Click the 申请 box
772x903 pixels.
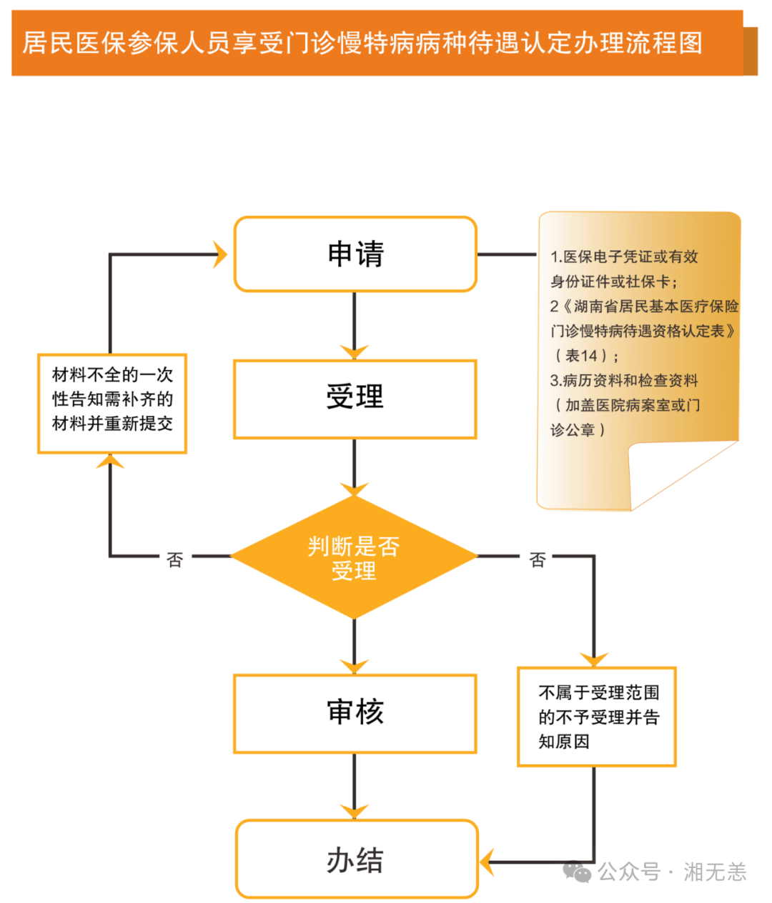[355, 254]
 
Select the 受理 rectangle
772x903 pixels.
[355, 399]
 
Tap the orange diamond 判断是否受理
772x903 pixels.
[354, 557]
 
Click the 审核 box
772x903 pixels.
[355, 713]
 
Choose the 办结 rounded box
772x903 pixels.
[356, 859]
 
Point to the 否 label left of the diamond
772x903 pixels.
[175, 559]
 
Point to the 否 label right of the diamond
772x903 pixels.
[538, 559]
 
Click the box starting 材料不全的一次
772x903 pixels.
[112, 403]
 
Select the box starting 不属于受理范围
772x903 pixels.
[596, 717]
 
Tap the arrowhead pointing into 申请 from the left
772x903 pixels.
[220, 254]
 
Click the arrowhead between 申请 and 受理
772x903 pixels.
[354, 351]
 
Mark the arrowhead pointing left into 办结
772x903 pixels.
[488, 862]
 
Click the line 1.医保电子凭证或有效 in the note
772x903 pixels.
[624, 256]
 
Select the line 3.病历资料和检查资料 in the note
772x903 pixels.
[624, 381]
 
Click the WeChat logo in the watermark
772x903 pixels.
[578, 871]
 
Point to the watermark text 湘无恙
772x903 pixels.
[714, 872]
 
